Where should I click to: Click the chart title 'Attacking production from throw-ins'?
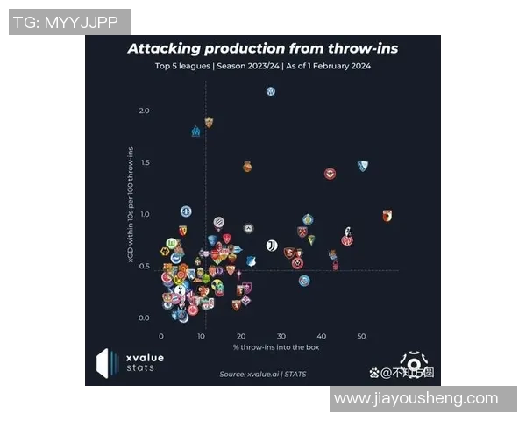(262, 48)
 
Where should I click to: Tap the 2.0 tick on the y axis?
(144, 111)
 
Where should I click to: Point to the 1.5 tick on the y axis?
(144, 162)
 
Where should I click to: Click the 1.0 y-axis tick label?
(144, 214)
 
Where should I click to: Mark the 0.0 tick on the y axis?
(144, 318)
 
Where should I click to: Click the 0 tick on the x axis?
(161, 336)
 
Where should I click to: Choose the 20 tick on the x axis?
(241, 336)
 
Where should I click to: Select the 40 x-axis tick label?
(321, 336)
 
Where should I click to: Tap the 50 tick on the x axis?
(361, 336)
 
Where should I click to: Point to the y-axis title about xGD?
(131, 206)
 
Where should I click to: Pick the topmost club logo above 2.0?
(271, 91)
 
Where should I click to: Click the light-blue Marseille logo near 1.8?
(195, 132)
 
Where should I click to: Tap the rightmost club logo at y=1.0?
(387, 215)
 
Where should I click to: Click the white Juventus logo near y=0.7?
(272, 246)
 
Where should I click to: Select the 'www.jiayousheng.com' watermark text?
(416, 399)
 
